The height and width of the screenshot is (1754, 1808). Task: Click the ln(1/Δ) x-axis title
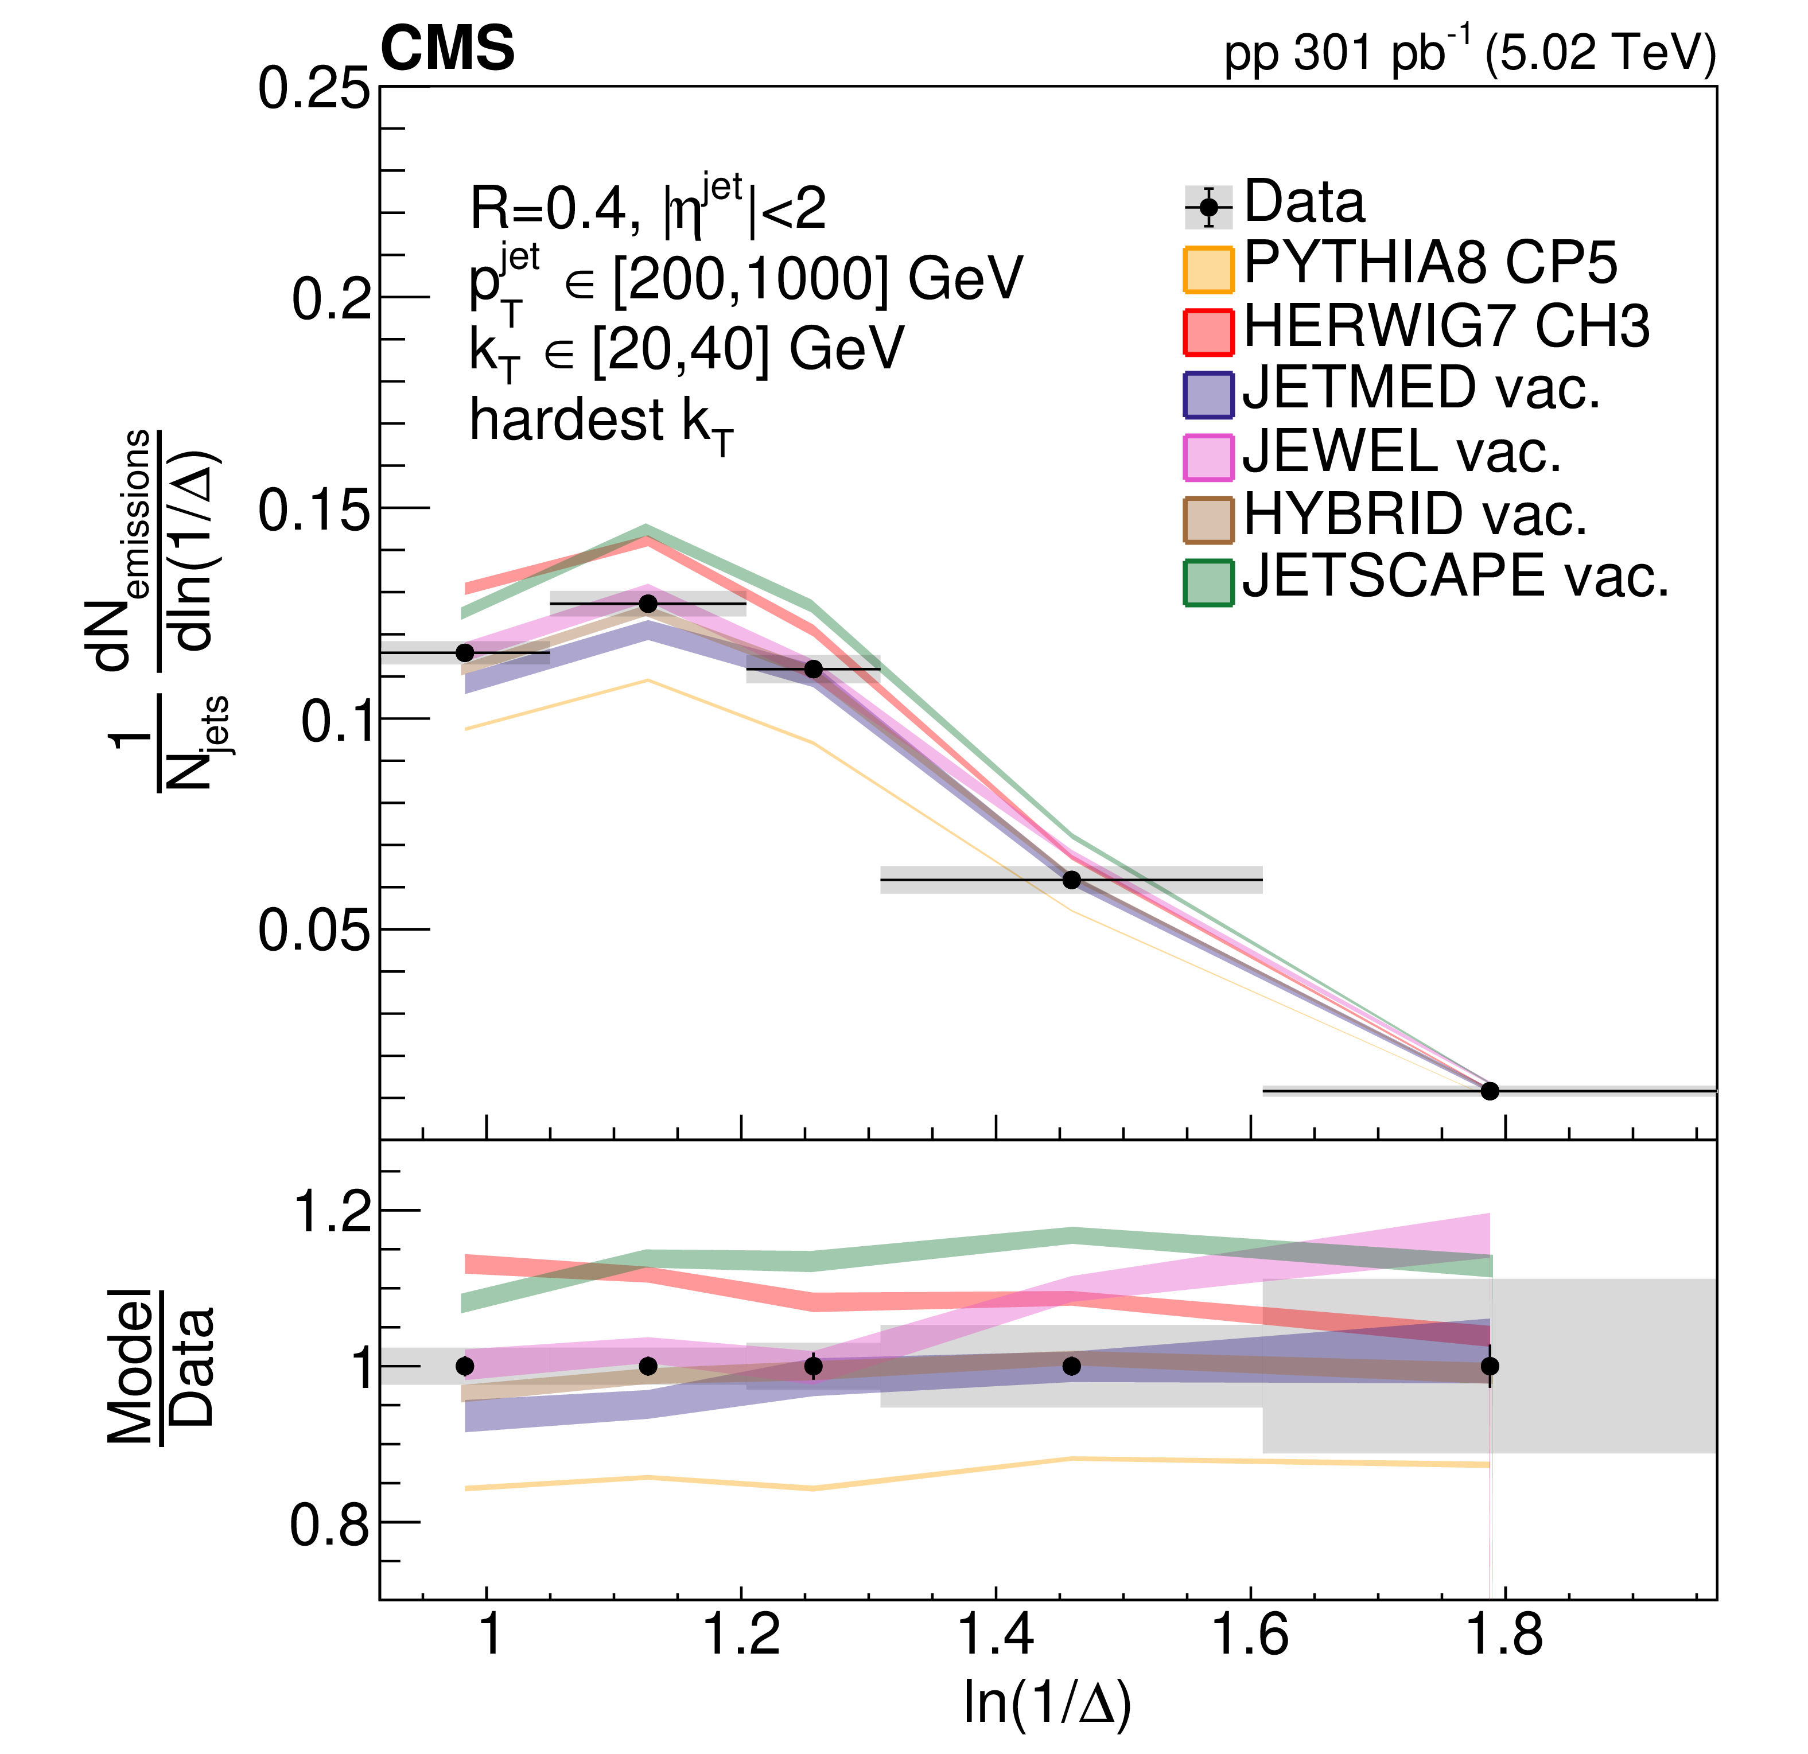[1047, 1701]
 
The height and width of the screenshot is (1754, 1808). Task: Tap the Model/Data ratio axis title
[161, 1366]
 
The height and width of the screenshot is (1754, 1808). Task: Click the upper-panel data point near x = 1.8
[1490, 1091]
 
